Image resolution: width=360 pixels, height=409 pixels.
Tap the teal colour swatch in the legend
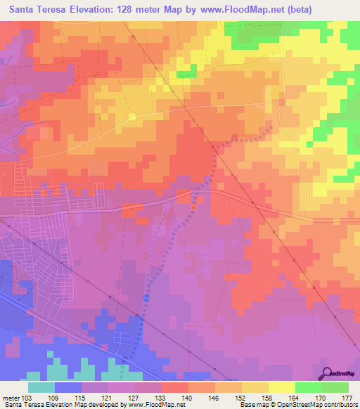[x=41, y=387]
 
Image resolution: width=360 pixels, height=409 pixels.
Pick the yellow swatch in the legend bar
[x=281, y=387]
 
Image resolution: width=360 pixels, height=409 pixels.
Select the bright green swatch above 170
[x=308, y=387]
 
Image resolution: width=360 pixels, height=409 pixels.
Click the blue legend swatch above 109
[x=68, y=387]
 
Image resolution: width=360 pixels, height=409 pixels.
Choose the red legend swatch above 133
[x=174, y=387]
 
